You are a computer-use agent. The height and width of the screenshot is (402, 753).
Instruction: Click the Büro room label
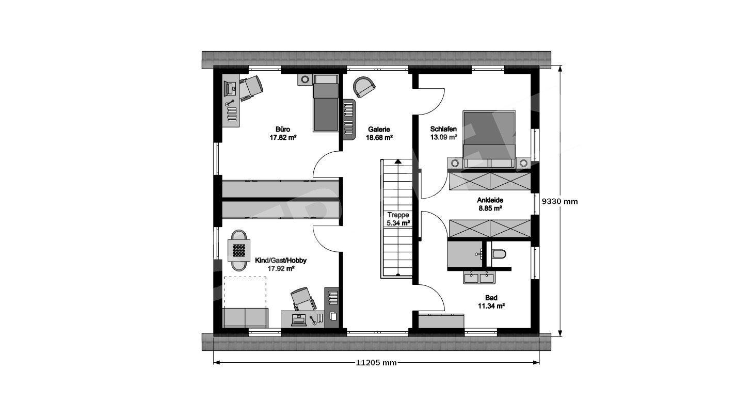[x=283, y=130]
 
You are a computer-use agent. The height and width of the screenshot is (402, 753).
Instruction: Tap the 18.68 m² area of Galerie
[x=379, y=137]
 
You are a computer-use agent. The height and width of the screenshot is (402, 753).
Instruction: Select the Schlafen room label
[x=443, y=129]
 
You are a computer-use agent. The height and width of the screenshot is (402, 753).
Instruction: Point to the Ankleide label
[x=490, y=200]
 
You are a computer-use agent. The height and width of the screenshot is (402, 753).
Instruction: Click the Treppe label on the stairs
[x=398, y=215]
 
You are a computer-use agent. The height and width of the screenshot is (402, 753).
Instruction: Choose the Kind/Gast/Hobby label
[x=281, y=261]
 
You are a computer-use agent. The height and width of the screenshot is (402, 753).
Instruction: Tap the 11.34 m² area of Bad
[x=491, y=306]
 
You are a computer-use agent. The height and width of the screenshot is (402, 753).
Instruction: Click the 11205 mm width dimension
[x=377, y=363]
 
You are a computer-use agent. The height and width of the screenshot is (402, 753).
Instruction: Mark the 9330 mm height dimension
[x=559, y=201]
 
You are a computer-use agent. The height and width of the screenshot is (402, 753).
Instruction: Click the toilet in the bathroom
[x=499, y=254]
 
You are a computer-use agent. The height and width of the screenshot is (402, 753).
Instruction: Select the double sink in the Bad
[x=479, y=278]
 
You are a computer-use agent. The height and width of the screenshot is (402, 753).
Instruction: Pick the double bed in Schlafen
[x=489, y=139]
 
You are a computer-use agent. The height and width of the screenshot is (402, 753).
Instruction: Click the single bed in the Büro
[x=326, y=103]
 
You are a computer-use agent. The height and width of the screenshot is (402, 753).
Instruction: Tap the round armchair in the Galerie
[x=363, y=87]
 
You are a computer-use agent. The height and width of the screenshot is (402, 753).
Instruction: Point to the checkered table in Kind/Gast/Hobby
[x=239, y=250]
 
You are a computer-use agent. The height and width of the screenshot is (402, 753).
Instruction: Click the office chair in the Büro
[x=251, y=87]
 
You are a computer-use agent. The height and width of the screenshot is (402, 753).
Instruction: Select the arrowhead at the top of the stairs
[x=398, y=162]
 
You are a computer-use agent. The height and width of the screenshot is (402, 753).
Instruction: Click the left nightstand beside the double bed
[x=455, y=163]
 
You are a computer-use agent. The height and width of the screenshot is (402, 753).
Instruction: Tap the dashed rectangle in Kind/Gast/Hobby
[x=245, y=292]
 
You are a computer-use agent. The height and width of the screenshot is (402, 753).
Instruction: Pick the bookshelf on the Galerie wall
[x=349, y=119]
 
